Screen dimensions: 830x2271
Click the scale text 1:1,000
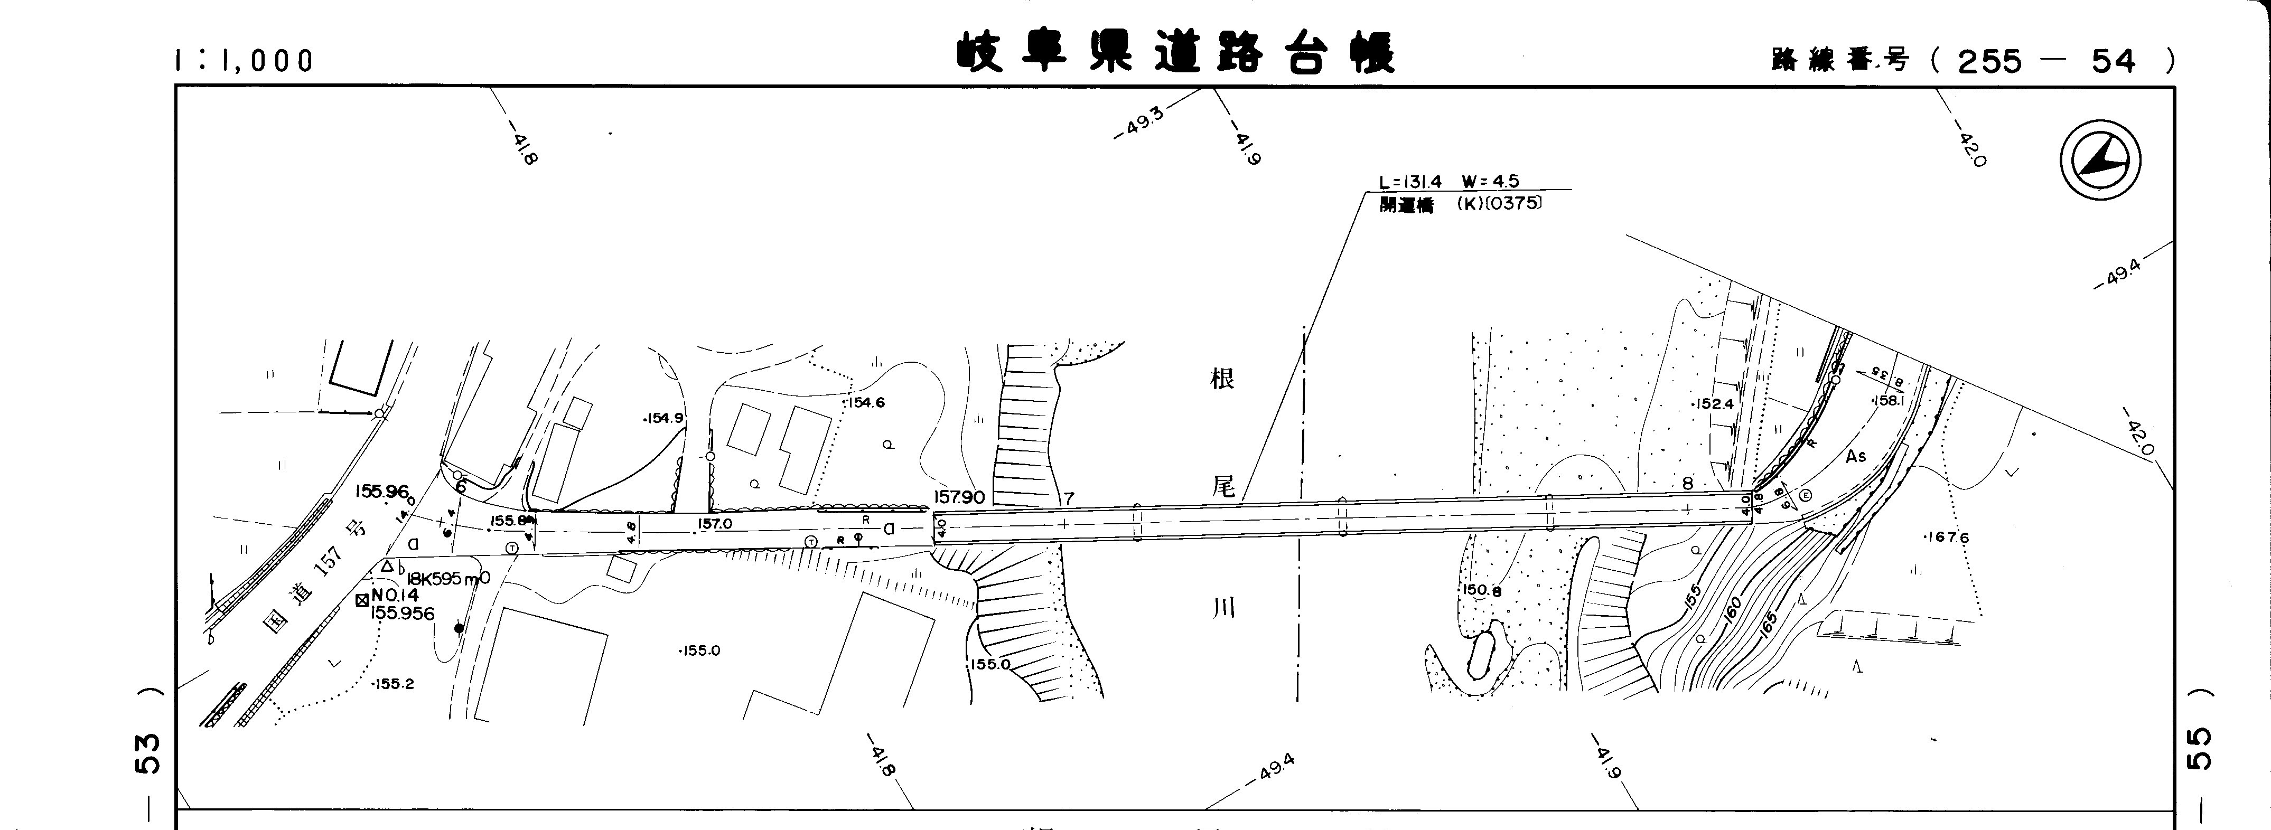click(244, 60)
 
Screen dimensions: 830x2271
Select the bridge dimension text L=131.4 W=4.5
click(1450, 182)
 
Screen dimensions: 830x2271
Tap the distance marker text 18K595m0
click(448, 579)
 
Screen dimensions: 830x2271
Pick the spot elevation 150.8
click(1481, 590)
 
